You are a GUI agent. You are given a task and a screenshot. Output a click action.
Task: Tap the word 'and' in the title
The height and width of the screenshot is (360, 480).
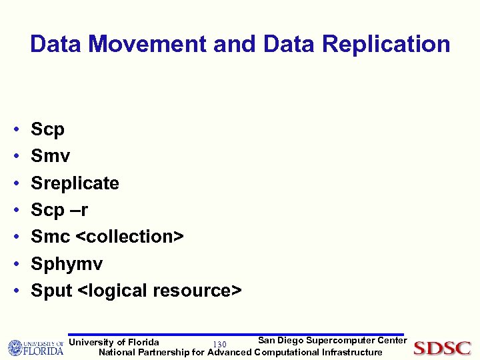pyautogui.click(x=235, y=45)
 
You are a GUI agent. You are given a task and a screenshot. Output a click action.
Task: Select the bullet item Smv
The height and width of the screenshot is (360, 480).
pyautogui.click(x=50, y=156)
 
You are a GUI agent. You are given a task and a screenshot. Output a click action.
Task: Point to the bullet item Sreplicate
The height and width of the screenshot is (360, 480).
pyautogui.click(x=75, y=183)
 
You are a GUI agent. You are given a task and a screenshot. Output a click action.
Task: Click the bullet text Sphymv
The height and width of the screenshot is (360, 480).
pyautogui.click(x=67, y=264)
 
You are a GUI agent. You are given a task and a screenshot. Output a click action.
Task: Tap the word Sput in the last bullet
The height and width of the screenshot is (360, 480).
pyautogui.click(x=51, y=291)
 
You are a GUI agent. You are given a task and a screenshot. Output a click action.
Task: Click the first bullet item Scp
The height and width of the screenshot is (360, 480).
pyautogui.click(x=47, y=129)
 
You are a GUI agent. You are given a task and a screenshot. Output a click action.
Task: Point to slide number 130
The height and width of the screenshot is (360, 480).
pyautogui.click(x=219, y=344)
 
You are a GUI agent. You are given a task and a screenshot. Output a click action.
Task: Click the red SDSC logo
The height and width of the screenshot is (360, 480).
pyautogui.click(x=442, y=348)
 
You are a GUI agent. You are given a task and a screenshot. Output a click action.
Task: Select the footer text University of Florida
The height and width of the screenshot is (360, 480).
pyautogui.click(x=114, y=342)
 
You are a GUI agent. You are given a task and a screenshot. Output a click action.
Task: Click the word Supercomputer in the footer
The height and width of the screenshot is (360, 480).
pyautogui.click(x=339, y=341)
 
